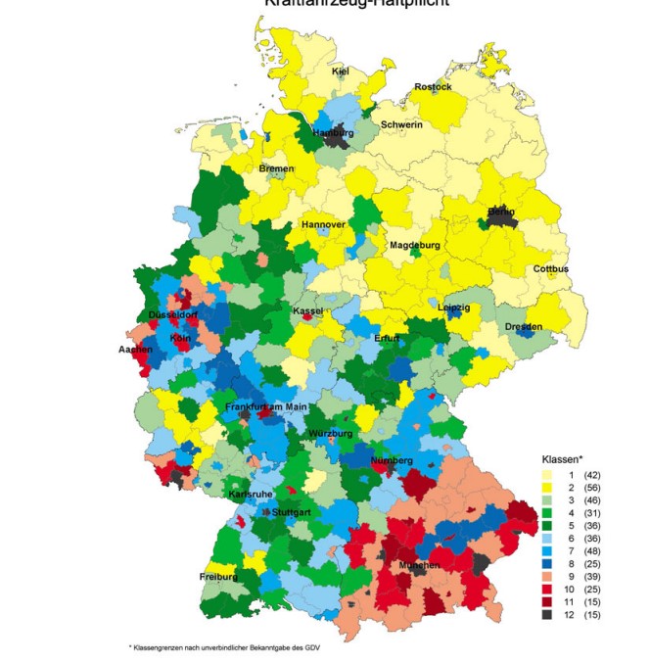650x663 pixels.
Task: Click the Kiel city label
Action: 341,71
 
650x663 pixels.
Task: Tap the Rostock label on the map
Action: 433,87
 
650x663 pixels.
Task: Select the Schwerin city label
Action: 401,125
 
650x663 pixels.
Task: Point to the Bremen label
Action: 276,169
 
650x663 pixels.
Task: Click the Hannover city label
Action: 323,225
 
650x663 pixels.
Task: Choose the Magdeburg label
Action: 415,245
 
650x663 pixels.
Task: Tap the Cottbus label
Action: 551,269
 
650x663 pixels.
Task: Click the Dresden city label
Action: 524,326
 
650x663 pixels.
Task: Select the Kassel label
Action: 307,311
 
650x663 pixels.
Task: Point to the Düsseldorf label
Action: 173,315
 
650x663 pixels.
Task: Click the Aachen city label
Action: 135,350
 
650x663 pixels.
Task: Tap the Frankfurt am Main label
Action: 266,406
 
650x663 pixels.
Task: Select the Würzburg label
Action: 330,433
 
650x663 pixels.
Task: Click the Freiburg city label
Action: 218,577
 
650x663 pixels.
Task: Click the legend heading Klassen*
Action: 562,459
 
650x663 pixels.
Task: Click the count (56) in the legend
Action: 592,488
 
